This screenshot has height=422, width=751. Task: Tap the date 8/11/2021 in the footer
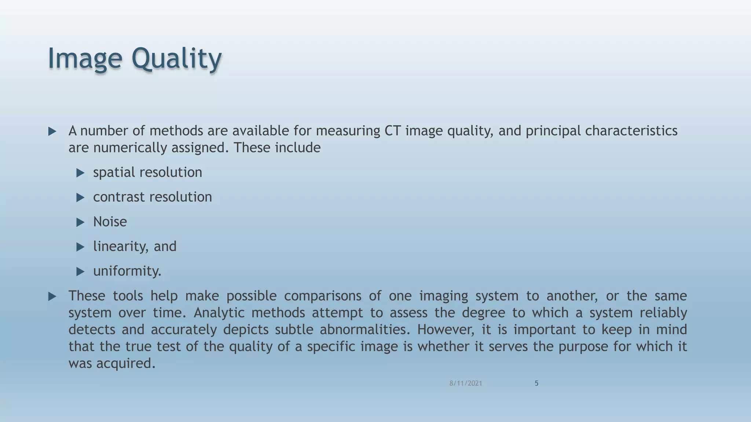[x=466, y=383]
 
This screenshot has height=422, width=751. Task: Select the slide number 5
[x=536, y=383]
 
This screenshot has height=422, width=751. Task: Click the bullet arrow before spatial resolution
[x=80, y=173]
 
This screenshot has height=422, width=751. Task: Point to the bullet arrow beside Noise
[x=80, y=222]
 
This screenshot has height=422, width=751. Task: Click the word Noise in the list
[x=110, y=222]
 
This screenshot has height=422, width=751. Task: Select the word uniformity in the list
[x=126, y=271]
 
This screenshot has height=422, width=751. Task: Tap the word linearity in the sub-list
[x=120, y=246]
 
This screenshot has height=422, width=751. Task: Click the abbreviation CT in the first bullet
[x=392, y=131]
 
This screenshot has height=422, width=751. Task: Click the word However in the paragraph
[x=445, y=330]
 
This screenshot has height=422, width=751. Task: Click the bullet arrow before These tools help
[x=52, y=296]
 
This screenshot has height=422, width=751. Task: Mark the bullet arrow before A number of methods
[x=52, y=132]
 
